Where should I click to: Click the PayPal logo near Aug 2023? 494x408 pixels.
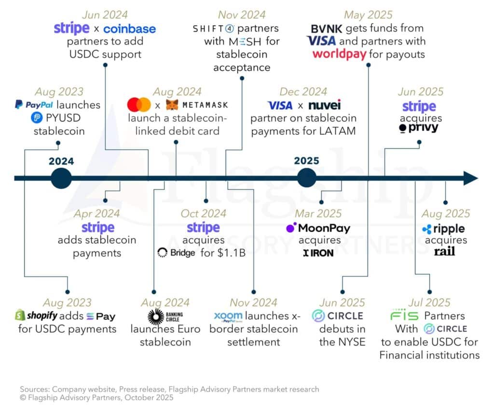(x=34, y=105)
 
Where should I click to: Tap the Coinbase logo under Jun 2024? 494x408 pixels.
(x=129, y=29)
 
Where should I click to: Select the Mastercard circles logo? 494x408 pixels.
(x=139, y=105)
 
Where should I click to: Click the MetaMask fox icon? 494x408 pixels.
(x=172, y=105)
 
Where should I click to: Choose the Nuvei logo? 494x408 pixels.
(x=324, y=105)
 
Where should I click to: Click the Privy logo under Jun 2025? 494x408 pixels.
(x=419, y=128)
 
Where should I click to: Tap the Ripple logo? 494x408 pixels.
(x=443, y=229)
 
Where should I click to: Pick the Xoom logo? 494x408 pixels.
(x=228, y=316)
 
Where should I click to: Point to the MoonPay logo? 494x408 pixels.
(x=318, y=228)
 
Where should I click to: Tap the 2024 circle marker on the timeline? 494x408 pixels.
(x=61, y=178)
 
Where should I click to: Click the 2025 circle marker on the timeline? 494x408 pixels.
(x=307, y=178)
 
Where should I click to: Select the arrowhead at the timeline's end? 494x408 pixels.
(x=470, y=178)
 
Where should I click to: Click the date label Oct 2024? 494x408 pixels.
(x=203, y=213)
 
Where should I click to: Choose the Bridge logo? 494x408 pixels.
(x=176, y=252)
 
